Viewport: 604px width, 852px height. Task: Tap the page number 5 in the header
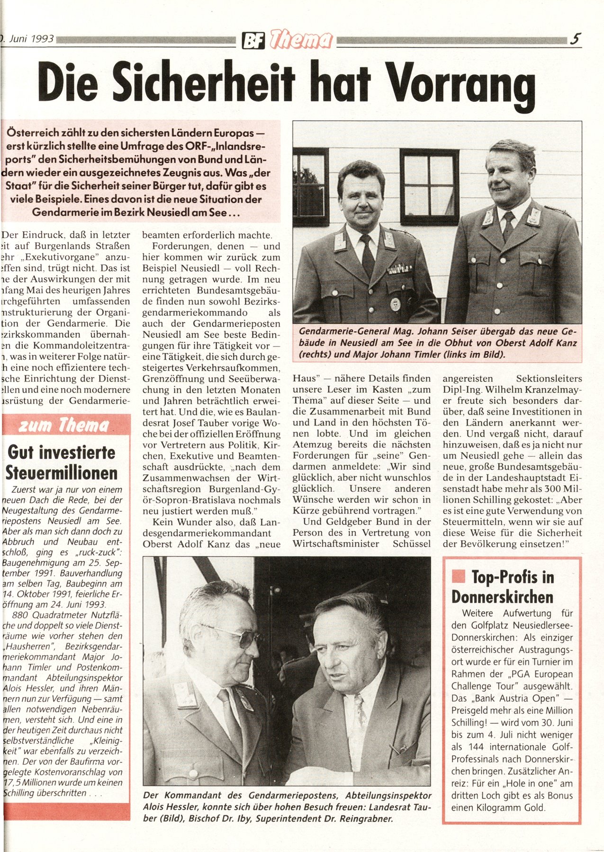coord(576,39)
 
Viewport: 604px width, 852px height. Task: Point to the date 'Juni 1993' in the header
coord(29,39)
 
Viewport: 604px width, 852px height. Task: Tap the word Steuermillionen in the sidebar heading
coord(62,473)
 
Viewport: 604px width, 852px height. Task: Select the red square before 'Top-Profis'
coord(458,576)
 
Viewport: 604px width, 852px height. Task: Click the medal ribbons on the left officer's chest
coord(399,269)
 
